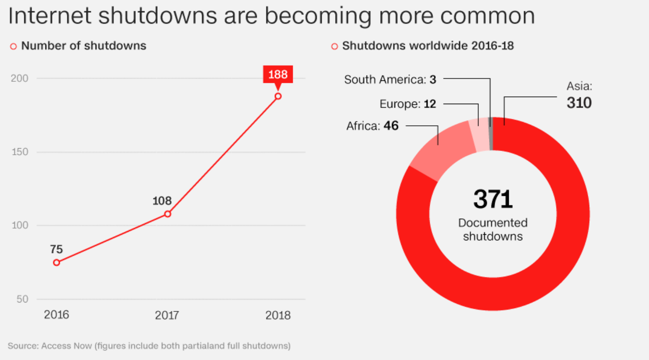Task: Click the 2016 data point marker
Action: click(57, 262)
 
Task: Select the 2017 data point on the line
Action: click(167, 214)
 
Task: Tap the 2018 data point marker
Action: click(278, 96)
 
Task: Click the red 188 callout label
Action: click(278, 74)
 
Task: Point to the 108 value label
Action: click(162, 201)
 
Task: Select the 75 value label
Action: click(56, 249)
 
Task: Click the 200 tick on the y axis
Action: click(19, 79)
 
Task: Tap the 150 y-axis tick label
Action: click(19, 152)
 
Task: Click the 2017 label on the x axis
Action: click(167, 316)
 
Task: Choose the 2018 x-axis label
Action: click(278, 316)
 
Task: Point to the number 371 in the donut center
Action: click(493, 200)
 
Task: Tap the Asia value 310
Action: click(579, 102)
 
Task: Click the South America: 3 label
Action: click(390, 79)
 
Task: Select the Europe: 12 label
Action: click(408, 104)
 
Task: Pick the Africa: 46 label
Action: click(372, 126)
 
